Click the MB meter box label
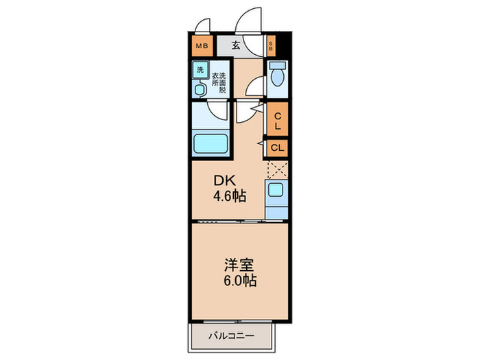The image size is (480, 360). click(x=202, y=47)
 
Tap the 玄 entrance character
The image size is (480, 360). click(x=235, y=46)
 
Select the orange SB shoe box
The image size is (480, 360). click(x=271, y=47)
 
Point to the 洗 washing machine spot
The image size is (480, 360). click(x=200, y=70)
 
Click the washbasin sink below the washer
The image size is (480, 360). click(x=200, y=88)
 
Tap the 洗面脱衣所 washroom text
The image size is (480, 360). click(x=219, y=83)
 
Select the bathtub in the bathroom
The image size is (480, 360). click(x=213, y=145)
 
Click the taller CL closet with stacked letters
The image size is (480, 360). click(x=278, y=121)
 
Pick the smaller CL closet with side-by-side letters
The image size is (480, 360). click(x=278, y=147)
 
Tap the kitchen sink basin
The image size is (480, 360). click(x=277, y=191)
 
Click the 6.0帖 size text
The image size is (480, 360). click(x=239, y=280)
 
